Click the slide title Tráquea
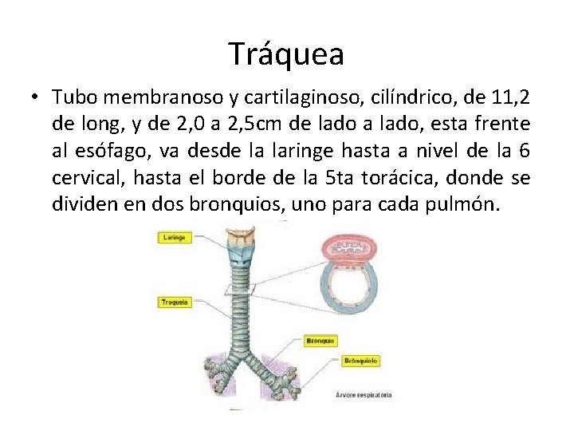pos(286,53)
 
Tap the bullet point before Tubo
pos(36,97)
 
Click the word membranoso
pos(155,97)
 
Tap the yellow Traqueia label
pos(175,302)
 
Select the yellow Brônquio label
pos(320,341)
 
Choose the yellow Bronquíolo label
pos(361,362)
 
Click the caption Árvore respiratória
pos(364,394)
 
